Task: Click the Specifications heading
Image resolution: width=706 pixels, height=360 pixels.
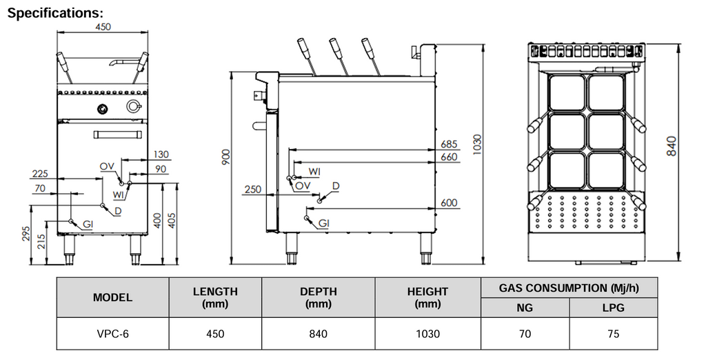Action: coord(55,13)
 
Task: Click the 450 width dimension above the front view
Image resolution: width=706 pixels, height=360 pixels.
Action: coord(103,26)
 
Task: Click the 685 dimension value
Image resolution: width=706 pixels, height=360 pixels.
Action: coord(450,144)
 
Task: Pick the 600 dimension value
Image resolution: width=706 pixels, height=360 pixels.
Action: coord(450,203)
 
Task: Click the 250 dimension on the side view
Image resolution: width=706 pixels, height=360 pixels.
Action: coord(252,190)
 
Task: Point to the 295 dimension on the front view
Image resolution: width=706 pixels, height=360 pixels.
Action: coord(26,234)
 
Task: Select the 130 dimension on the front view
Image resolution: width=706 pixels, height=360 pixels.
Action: coord(161,154)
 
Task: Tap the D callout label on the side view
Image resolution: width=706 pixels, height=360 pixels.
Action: coord(336,186)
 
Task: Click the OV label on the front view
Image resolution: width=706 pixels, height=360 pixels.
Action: coord(106,166)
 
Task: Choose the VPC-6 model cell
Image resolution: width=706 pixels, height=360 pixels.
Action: coord(112,334)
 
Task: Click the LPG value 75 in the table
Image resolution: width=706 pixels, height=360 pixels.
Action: coord(614,334)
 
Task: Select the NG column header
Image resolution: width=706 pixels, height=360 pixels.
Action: coord(525,308)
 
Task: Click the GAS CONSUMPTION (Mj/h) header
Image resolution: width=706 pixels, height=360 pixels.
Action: coord(569,287)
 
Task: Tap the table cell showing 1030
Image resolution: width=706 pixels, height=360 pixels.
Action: coord(427,334)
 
